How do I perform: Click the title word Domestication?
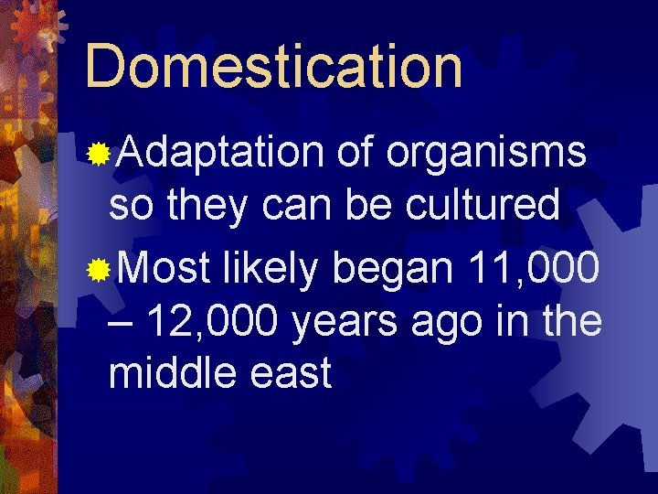[x=273, y=66]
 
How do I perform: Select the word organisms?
[x=486, y=153]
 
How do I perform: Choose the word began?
[x=394, y=268]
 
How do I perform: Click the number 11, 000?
[x=534, y=268]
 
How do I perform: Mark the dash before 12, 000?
[x=119, y=323]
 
